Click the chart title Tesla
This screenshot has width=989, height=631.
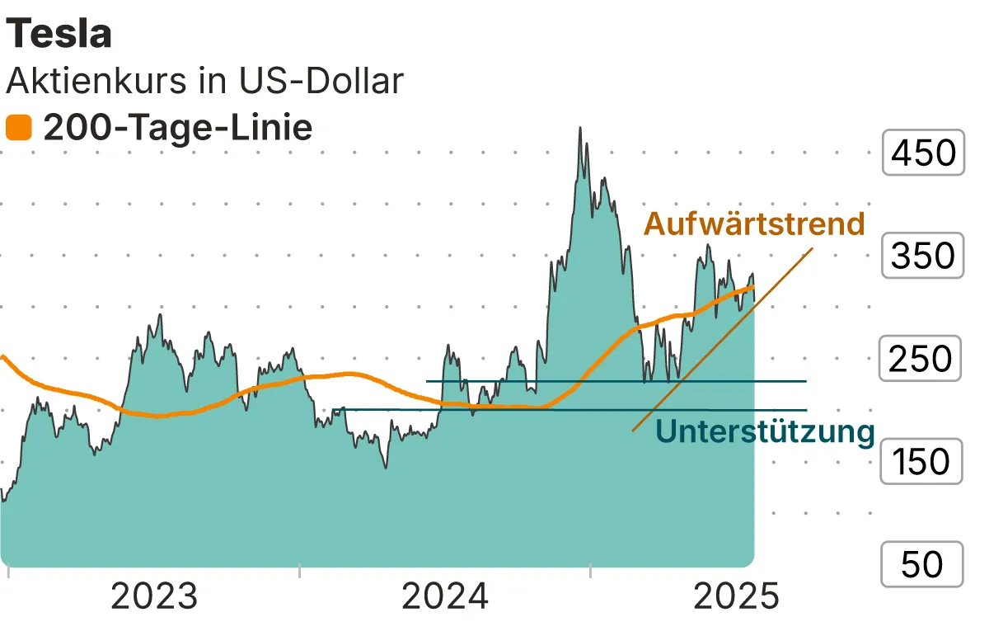(59, 34)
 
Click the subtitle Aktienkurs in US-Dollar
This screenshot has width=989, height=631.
(204, 81)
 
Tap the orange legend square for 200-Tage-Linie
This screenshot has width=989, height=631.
(18, 129)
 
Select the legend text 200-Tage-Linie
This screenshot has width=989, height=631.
(178, 129)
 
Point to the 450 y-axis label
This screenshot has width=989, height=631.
(923, 153)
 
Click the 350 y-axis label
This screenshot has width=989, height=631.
(923, 256)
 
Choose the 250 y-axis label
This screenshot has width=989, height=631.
(923, 359)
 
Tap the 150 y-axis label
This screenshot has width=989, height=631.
(923, 462)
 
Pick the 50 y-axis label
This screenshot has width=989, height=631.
(923, 565)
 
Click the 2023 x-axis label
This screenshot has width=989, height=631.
(154, 596)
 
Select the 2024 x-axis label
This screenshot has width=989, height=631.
(446, 596)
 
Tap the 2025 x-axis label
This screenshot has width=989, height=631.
(736, 596)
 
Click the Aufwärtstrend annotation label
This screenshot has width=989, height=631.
(754, 224)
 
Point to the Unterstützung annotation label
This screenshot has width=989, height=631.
(765, 431)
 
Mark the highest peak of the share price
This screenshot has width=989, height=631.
(581, 128)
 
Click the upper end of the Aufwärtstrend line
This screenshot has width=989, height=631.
(813, 247)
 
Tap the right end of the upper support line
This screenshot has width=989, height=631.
(805, 381)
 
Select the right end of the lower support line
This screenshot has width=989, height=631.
(805, 409)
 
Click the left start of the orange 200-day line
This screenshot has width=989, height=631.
(2, 357)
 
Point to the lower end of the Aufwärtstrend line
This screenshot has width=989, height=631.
(633, 431)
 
